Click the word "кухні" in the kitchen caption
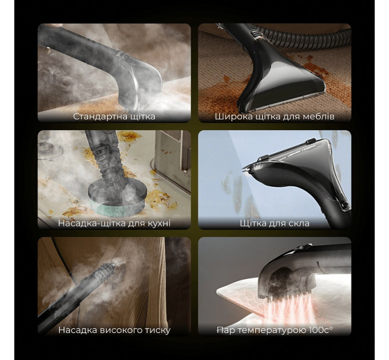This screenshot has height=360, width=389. point(158,223)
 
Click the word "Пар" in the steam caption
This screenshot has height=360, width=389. point(224,330)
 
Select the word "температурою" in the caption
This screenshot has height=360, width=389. point(271,330)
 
